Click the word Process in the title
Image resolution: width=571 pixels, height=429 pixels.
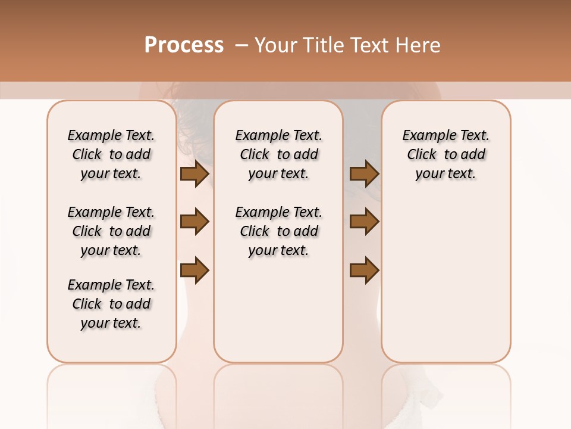(x=184, y=45)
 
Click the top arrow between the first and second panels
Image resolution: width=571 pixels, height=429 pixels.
(x=194, y=174)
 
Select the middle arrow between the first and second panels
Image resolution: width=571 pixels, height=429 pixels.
(x=194, y=222)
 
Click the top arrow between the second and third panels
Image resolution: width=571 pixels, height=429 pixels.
(x=364, y=174)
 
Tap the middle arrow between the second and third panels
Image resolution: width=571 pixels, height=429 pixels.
(x=364, y=222)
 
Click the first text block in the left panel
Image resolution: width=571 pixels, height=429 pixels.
(x=111, y=154)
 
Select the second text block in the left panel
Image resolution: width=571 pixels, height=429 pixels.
(x=111, y=231)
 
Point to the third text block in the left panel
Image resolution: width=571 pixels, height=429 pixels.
(x=111, y=304)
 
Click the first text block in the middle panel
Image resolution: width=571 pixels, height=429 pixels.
(x=278, y=154)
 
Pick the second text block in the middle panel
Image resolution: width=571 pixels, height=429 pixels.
(x=278, y=231)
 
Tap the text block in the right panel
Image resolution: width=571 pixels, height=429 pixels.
(x=446, y=154)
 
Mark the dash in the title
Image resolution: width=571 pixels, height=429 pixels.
(x=241, y=45)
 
